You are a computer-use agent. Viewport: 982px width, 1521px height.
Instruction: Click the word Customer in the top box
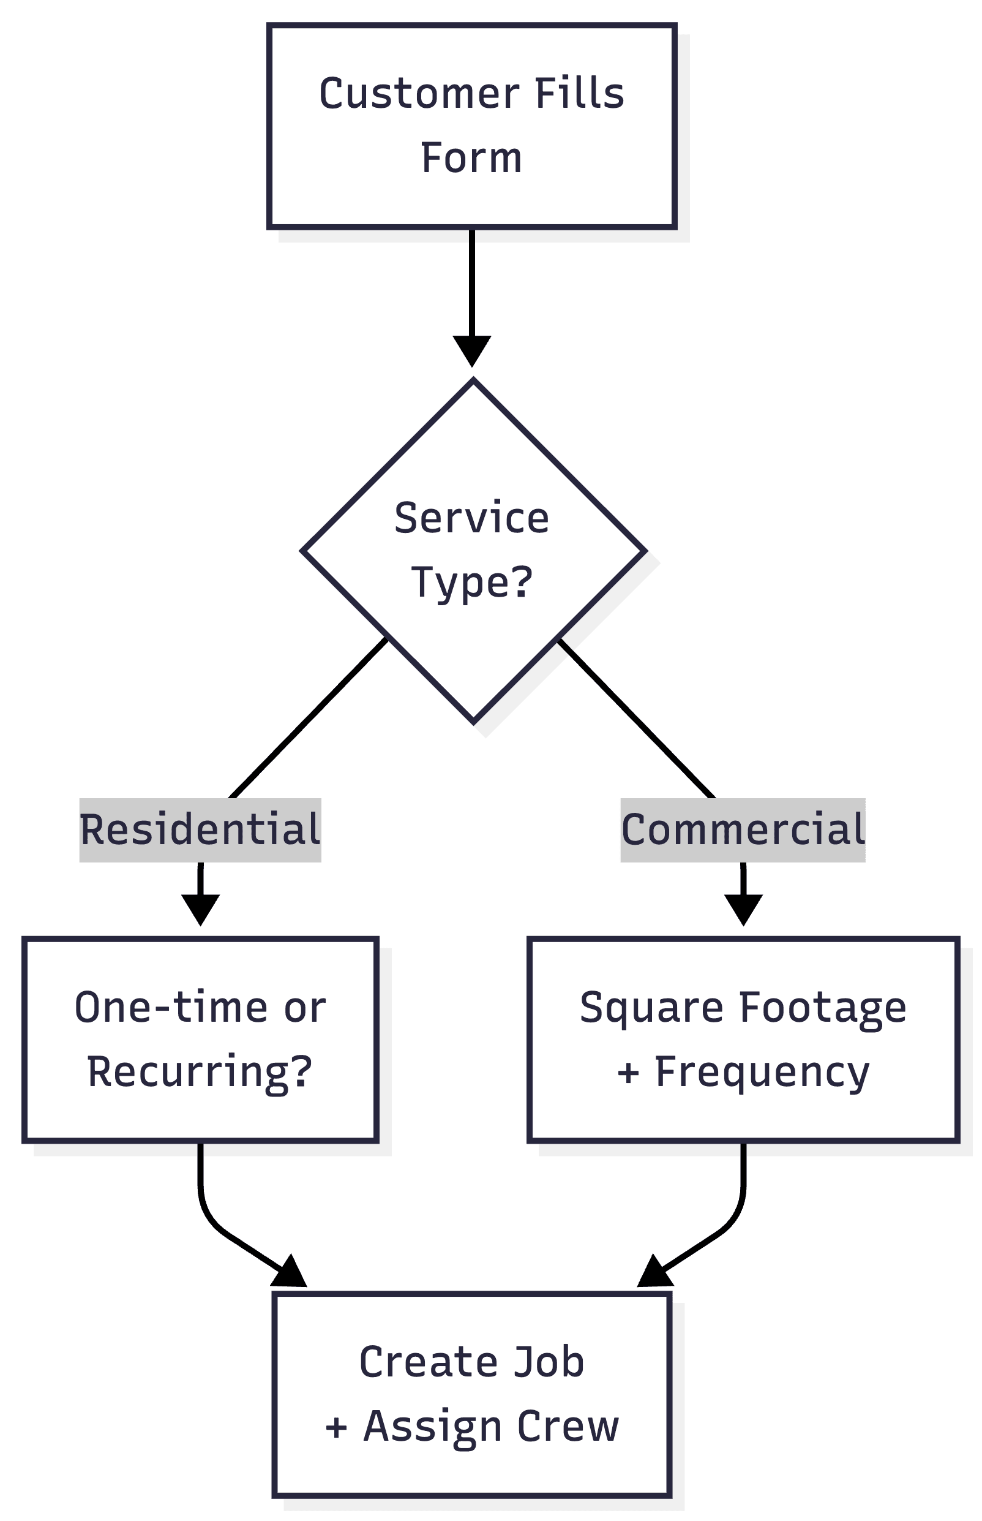418,94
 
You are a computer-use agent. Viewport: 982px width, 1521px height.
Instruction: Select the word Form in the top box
471,158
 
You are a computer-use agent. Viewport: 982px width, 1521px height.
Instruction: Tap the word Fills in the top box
579,94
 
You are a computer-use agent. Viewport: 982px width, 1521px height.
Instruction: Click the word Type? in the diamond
471,582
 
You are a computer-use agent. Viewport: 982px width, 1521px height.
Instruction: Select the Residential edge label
200,830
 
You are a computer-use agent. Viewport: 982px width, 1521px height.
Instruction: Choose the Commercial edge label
743,830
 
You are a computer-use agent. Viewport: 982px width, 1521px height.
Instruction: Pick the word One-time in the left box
171,1008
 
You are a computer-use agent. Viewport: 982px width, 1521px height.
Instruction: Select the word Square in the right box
651,1008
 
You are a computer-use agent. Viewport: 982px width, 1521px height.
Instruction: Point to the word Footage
823,1008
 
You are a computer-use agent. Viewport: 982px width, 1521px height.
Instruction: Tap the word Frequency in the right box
762,1072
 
